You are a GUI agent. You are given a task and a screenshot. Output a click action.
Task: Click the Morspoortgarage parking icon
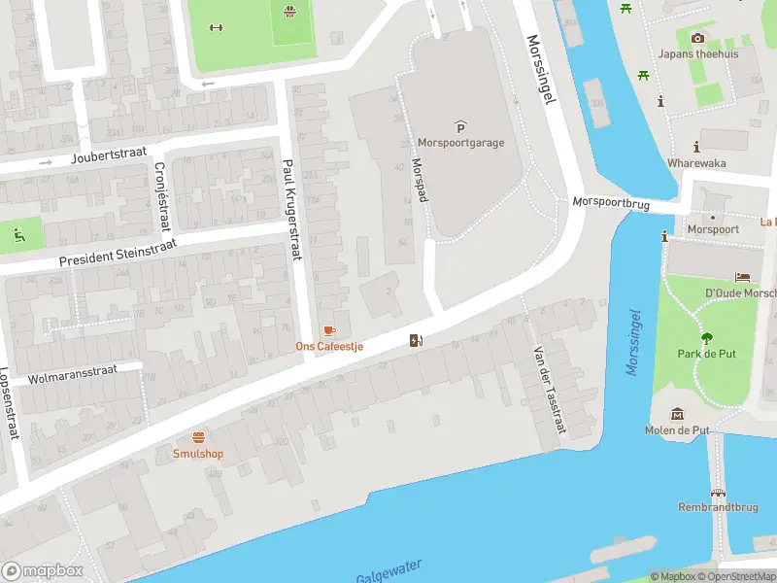pyautogui.click(x=460, y=126)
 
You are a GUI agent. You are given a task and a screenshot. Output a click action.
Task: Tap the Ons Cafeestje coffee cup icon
pyautogui.click(x=329, y=331)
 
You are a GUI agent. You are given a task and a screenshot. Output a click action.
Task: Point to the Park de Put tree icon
pyautogui.click(x=706, y=338)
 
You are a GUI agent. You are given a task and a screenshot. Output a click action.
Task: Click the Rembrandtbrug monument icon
pyautogui.click(x=719, y=494)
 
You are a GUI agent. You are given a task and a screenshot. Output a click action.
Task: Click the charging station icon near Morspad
pyautogui.click(x=417, y=340)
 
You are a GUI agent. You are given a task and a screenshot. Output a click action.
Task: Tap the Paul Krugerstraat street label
pyautogui.click(x=289, y=210)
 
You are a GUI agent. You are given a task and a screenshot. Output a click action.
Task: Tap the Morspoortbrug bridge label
pyautogui.click(x=617, y=204)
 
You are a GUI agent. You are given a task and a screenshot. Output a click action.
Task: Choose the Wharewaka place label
pyautogui.click(x=696, y=163)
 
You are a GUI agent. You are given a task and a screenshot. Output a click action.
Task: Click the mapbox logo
pyautogui.click(x=43, y=570)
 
